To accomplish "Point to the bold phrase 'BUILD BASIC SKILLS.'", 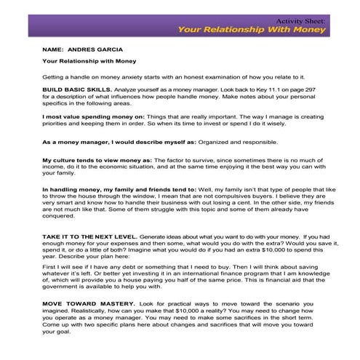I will coord(72,87).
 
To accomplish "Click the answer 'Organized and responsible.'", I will coord(230,143).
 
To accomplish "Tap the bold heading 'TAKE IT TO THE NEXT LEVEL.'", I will coord(89,237).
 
